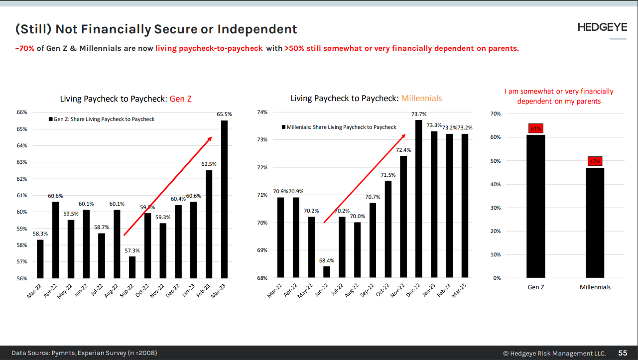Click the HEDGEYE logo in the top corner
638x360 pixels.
[x=602, y=28]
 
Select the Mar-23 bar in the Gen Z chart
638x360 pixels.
[x=224, y=199]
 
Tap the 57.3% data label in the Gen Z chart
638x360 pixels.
[x=132, y=250]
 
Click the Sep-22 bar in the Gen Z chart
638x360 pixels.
[x=132, y=267]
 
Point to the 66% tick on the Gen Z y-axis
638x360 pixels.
[x=21, y=113]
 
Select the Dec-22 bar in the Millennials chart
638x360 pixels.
[x=418, y=199]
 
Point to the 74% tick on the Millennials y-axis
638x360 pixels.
[x=262, y=113]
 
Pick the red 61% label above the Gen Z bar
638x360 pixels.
[x=535, y=129]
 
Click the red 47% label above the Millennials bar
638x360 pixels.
[x=595, y=161]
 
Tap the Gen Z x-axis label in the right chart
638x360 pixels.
[x=536, y=287]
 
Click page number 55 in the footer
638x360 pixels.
[x=623, y=353]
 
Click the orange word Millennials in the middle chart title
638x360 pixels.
[x=421, y=99]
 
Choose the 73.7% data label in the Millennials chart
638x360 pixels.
[x=418, y=115]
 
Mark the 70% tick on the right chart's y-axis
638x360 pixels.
[x=496, y=114]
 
